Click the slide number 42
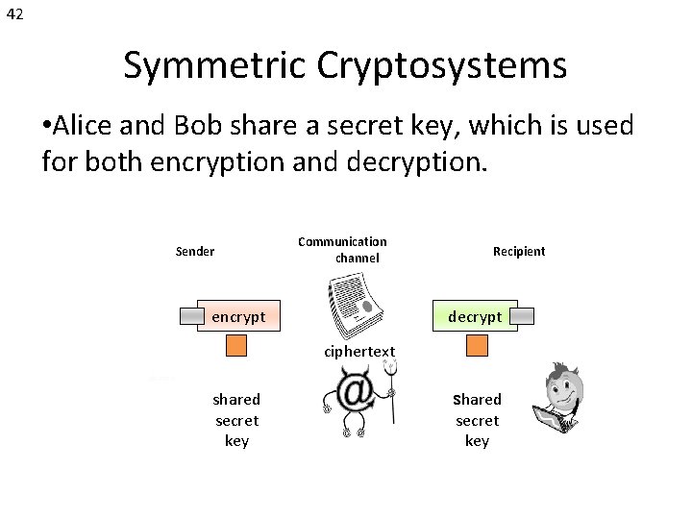point(14,14)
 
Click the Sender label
point(195,252)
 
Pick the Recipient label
point(518,252)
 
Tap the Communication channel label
point(343,250)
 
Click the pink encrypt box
point(238,316)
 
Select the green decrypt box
point(475,316)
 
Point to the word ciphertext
point(358,352)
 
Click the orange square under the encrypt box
point(236,346)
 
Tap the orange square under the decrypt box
point(477,346)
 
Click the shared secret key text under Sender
point(236,420)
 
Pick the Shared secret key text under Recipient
point(477,420)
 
